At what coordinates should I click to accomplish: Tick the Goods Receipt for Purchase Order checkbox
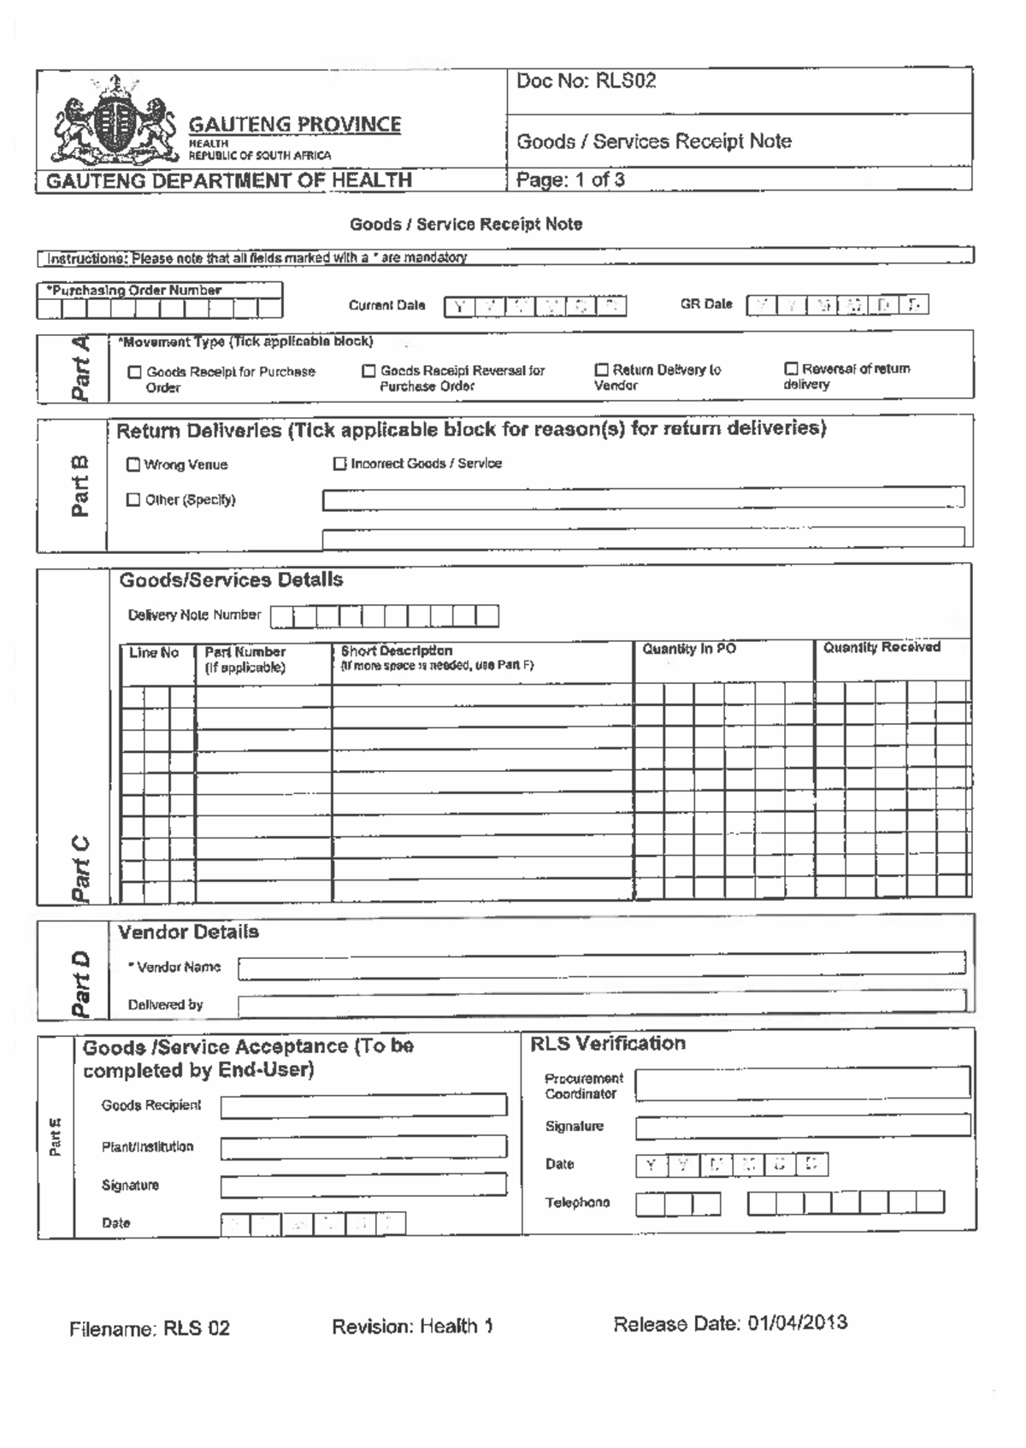(134, 372)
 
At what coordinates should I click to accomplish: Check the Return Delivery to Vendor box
(601, 370)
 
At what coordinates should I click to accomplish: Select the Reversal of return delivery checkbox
(791, 368)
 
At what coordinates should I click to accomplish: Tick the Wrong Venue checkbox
(133, 464)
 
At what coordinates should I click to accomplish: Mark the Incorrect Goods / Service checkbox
(339, 463)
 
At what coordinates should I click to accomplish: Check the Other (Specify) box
(133, 499)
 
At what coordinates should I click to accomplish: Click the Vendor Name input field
(601, 966)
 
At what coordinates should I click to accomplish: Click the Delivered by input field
(601, 1004)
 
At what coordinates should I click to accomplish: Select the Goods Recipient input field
(363, 1105)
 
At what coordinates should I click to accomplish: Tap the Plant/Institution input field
(363, 1146)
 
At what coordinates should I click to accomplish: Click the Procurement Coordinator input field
(802, 1083)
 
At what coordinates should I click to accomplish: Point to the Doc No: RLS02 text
(587, 81)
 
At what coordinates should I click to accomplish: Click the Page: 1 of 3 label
(570, 180)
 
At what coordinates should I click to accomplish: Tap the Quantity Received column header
(882, 647)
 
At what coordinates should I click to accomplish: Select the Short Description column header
(397, 650)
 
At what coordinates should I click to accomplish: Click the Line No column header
(154, 653)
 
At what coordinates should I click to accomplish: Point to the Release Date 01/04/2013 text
(730, 1323)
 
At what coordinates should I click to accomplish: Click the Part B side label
(79, 486)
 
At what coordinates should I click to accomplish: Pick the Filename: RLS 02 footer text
(150, 1328)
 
